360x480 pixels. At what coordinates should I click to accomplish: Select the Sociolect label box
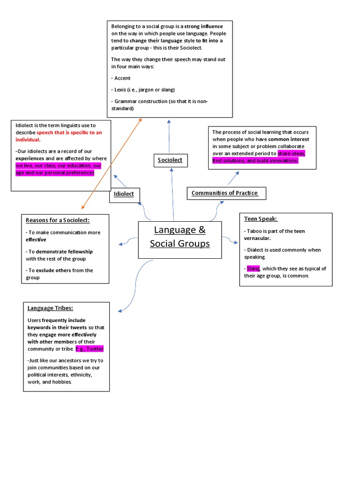coord(170,160)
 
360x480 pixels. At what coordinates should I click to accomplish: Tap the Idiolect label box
coord(124,194)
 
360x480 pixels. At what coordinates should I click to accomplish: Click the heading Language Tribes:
coord(50,308)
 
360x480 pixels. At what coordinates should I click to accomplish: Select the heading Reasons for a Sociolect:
coord(57,220)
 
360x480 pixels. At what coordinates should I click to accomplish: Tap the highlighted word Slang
coord(253,269)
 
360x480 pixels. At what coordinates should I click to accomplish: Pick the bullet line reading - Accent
coord(121,78)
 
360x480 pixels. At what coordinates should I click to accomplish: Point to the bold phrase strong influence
coord(203,26)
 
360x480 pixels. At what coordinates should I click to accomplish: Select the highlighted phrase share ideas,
coord(291,154)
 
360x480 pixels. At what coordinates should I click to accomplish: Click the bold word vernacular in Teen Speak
coord(257,239)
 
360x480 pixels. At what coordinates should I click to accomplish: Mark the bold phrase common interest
coord(289,139)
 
